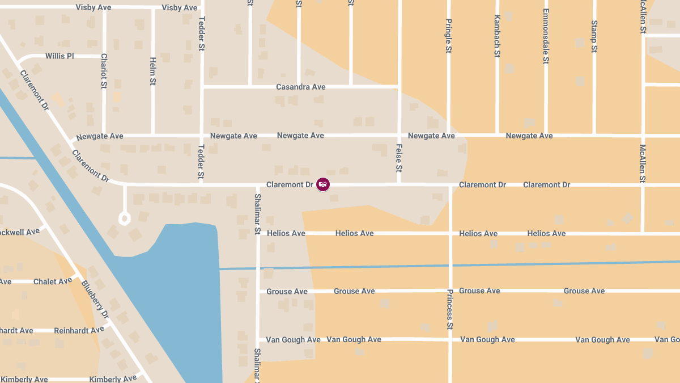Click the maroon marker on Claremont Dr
pyautogui.click(x=323, y=184)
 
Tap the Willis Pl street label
pyautogui.click(x=59, y=56)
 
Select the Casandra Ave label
pyautogui.click(x=300, y=87)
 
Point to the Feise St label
pyautogui.click(x=399, y=158)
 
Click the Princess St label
pyautogui.click(x=450, y=309)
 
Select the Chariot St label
pyautogui.click(x=104, y=71)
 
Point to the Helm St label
pyautogui.click(x=152, y=71)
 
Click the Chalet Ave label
pyautogui.click(x=53, y=281)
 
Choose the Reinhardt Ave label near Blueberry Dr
pyautogui.click(x=79, y=330)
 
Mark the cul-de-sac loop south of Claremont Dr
pyautogui.click(x=124, y=218)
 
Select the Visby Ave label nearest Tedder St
pyautogui.click(x=180, y=7)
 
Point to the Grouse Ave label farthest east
pyautogui.click(x=584, y=291)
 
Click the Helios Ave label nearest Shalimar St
pyautogui.click(x=286, y=233)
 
